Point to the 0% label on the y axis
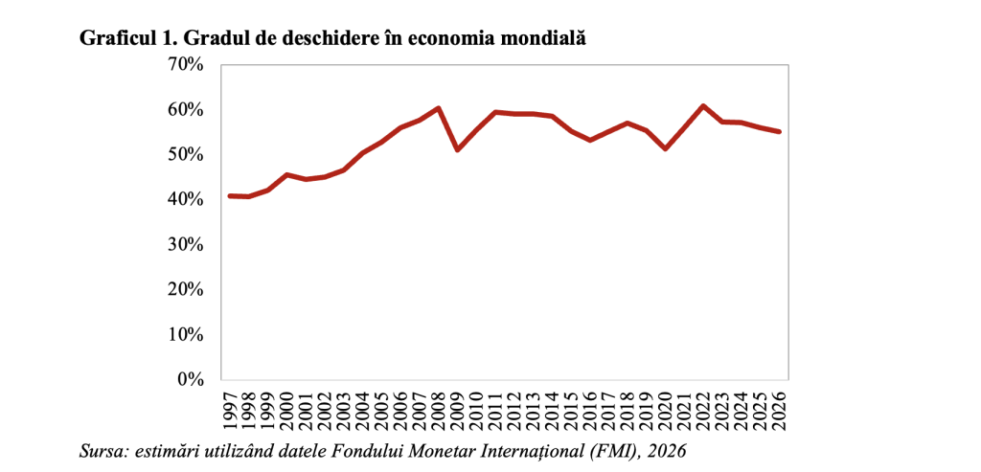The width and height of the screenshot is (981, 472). tap(191, 379)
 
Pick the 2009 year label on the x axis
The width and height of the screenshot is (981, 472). tap(459, 410)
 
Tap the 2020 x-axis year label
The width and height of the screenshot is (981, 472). tap(666, 410)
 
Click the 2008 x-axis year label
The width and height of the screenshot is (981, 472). tap(440, 410)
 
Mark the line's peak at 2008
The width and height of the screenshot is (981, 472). tap(438, 108)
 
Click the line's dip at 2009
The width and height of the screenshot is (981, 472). tap(458, 149)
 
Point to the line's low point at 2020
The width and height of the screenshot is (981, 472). tap(665, 148)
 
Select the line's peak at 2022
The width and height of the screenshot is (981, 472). tap(703, 105)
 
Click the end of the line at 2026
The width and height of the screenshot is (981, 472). tap(779, 132)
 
